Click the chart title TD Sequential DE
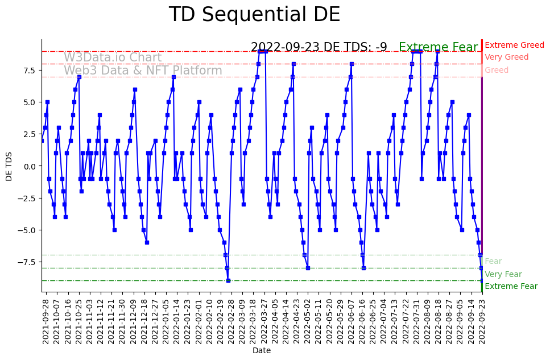pos(254,15)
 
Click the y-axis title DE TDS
pos(9,165)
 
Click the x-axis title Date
pos(262,351)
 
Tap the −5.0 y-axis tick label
pos(28,230)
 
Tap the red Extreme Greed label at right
pos(514,45)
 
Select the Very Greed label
pos(506,57)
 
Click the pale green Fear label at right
pos(493,262)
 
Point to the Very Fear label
pos(503,274)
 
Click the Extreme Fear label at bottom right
pos(511,287)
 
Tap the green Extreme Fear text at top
pos(439,48)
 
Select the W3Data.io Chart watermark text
pos(113,57)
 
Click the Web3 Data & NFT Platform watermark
pos(143,71)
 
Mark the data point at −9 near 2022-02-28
pos(228,280)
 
